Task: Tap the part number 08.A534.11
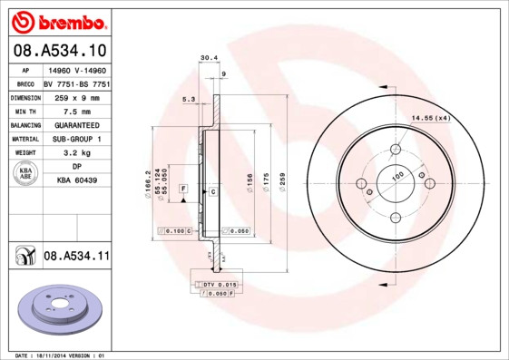(76, 257)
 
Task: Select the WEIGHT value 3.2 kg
(72, 153)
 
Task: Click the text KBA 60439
(76, 180)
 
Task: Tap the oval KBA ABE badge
(27, 174)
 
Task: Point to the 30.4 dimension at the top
(207, 57)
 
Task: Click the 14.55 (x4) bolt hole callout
(432, 118)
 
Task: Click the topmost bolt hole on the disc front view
(395, 150)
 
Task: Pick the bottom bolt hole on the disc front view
(395, 217)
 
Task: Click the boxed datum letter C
(212, 191)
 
